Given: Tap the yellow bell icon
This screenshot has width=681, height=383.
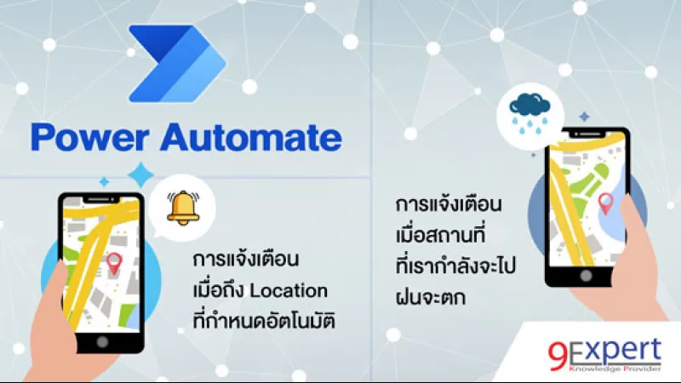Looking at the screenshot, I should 181,207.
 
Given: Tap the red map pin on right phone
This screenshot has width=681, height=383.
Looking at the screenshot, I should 606,203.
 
